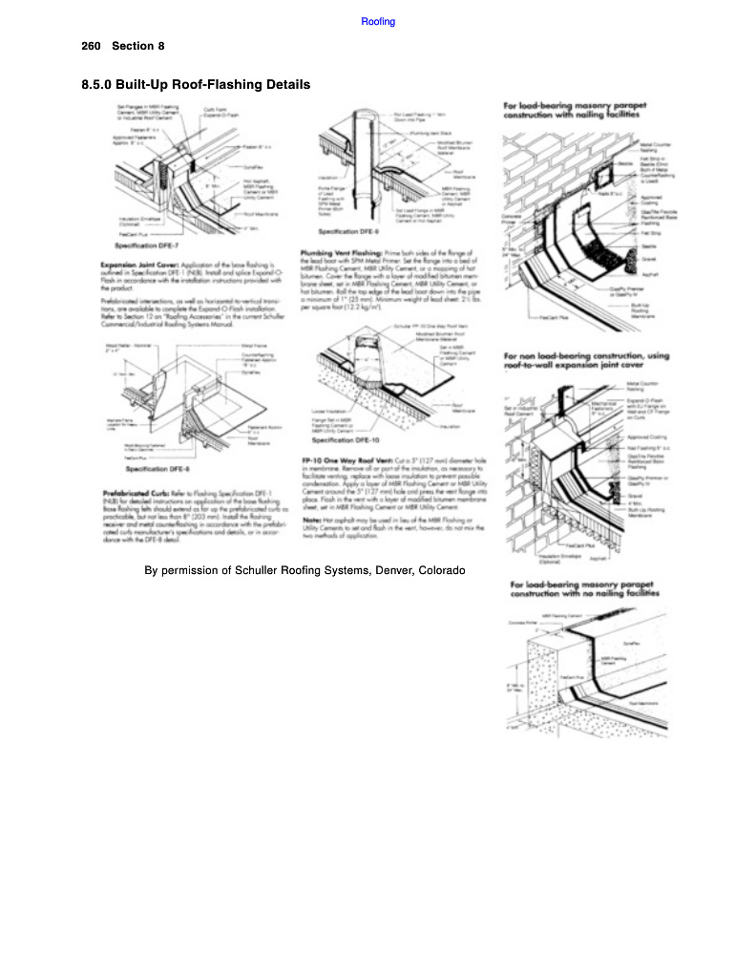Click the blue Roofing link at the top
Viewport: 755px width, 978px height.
point(378,21)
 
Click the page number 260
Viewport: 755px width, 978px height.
point(92,46)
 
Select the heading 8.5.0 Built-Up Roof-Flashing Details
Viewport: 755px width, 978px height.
point(196,85)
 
